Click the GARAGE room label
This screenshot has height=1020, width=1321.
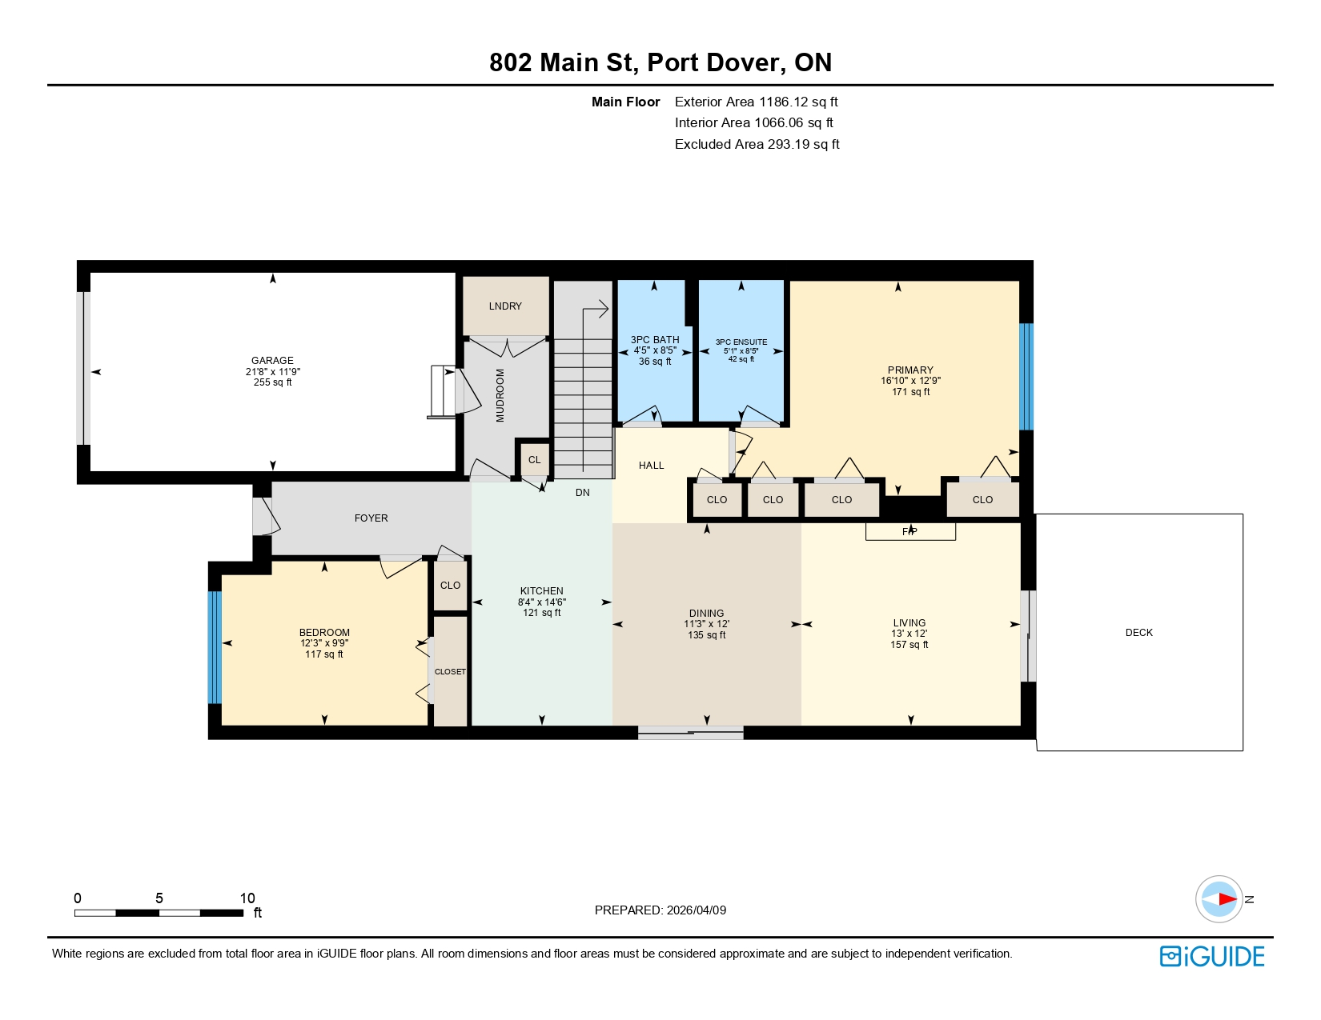pyautogui.click(x=272, y=361)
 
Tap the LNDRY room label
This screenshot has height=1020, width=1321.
pyautogui.click(x=505, y=306)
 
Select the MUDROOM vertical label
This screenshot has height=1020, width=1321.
pyautogui.click(x=500, y=395)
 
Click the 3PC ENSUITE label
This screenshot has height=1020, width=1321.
pyautogui.click(x=741, y=342)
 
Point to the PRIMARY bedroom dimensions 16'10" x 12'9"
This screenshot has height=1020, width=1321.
pyautogui.click(x=910, y=381)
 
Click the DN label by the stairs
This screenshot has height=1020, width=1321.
pyautogui.click(x=582, y=493)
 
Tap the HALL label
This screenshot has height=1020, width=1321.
pyautogui.click(x=651, y=466)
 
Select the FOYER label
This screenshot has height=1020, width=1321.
pyautogui.click(x=371, y=518)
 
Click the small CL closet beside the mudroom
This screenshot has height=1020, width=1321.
pyautogui.click(x=534, y=460)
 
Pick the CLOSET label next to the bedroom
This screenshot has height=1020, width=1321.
pyautogui.click(x=450, y=672)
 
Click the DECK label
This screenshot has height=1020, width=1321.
pyautogui.click(x=1138, y=633)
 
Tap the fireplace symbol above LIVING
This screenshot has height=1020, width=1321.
pyautogui.click(x=910, y=532)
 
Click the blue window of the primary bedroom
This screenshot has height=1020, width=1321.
pyautogui.click(x=1026, y=377)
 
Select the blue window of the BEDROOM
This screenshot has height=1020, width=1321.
pyautogui.click(x=215, y=647)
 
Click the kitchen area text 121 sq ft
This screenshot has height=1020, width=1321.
pyautogui.click(x=541, y=613)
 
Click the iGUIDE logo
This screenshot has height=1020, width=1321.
pyautogui.click(x=1212, y=957)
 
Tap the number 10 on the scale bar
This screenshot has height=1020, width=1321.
pyautogui.click(x=247, y=898)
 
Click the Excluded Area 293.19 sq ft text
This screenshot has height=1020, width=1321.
pyautogui.click(x=757, y=145)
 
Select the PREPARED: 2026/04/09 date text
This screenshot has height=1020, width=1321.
pyautogui.click(x=660, y=910)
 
